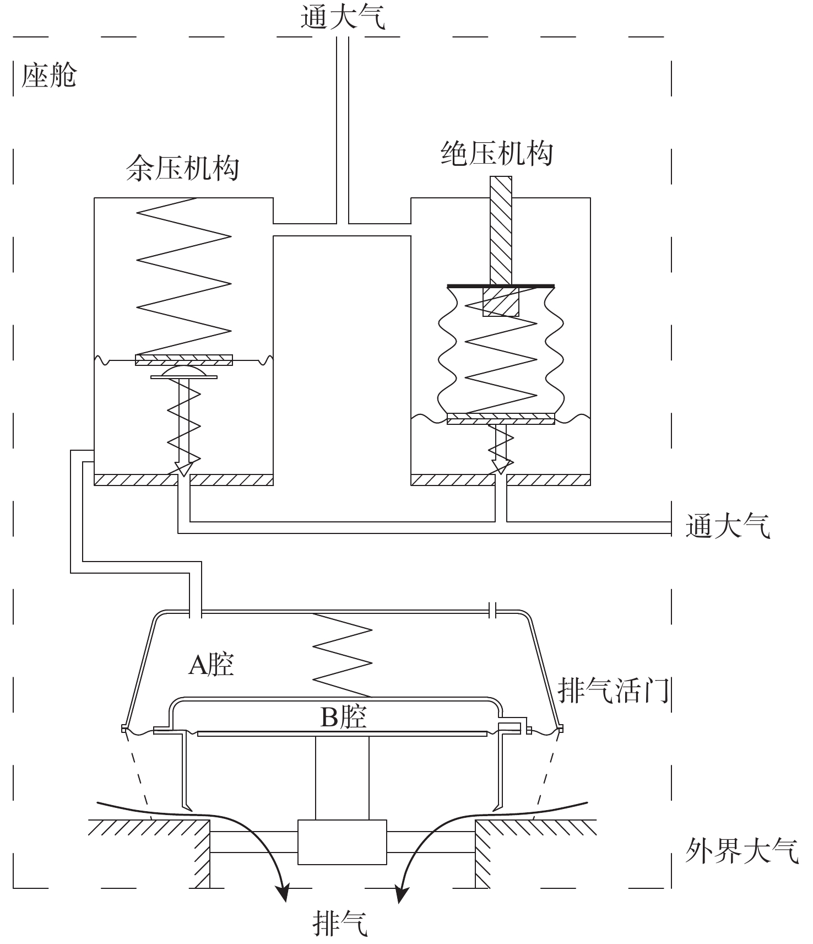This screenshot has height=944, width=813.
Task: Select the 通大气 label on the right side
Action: [x=728, y=526]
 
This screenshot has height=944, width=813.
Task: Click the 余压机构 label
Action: [x=183, y=168]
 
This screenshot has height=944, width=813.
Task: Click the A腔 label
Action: [x=212, y=665]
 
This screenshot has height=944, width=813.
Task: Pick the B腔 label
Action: [x=344, y=717]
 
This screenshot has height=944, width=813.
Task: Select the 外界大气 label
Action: [x=742, y=851]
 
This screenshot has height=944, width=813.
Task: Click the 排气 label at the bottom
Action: [x=340, y=923]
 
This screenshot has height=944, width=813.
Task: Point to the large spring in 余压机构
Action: [x=183, y=276]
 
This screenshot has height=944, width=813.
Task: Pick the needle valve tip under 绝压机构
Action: [x=501, y=468]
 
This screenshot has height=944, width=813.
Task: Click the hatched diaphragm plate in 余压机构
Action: [x=184, y=360]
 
